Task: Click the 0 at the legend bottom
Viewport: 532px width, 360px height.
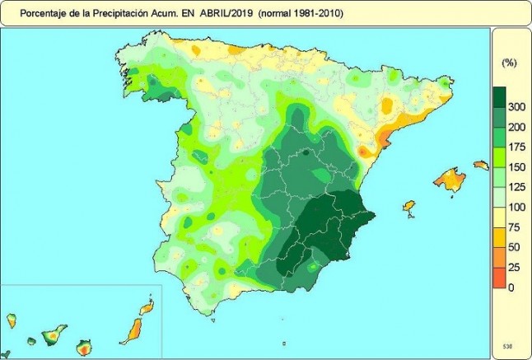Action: tap(511, 287)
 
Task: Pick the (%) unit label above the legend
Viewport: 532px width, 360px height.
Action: tap(508, 63)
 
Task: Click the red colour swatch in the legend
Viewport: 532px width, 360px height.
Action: tap(498, 280)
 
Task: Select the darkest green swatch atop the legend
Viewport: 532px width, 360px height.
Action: tap(498, 97)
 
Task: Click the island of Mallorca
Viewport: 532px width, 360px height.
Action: tap(450, 178)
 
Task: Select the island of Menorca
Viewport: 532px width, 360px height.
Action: tap(481, 166)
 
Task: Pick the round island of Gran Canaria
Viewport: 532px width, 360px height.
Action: tap(84, 347)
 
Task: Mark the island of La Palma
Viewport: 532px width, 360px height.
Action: tap(12, 320)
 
